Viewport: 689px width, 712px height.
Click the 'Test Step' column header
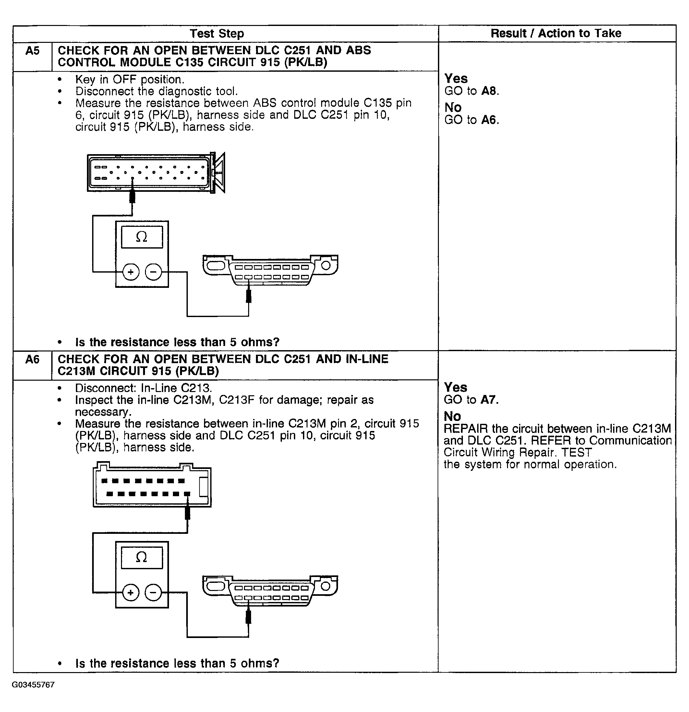[x=217, y=33]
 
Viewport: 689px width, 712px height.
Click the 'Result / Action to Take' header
[x=556, y=33]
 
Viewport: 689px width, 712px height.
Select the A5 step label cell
[x=32, y=51]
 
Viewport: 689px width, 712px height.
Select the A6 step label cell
[x=32, y=360]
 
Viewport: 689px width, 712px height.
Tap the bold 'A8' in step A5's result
[x=489, y=91]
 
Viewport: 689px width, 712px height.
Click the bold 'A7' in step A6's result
[x=488, y=399]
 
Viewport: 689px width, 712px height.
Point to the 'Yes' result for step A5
[x=456, y=79]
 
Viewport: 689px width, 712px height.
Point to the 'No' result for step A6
[x=452, y=416]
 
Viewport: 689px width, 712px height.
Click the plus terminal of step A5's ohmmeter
[x=131, y=272]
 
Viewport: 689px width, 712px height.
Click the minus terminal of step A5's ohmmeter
[x=153, y=272]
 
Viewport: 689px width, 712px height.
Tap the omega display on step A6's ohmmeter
[x=142, y=558]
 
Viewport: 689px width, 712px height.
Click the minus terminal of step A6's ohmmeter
[x=153, y=593]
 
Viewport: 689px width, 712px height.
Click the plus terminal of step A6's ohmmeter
[x=131, y=593]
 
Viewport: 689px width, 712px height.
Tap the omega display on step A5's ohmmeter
[x=142, y=237]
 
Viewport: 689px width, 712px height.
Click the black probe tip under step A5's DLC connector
[x=249, y=296]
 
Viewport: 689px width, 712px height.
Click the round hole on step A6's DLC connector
[x=325, y=586]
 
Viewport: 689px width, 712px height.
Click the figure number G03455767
[x=33, y=685]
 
